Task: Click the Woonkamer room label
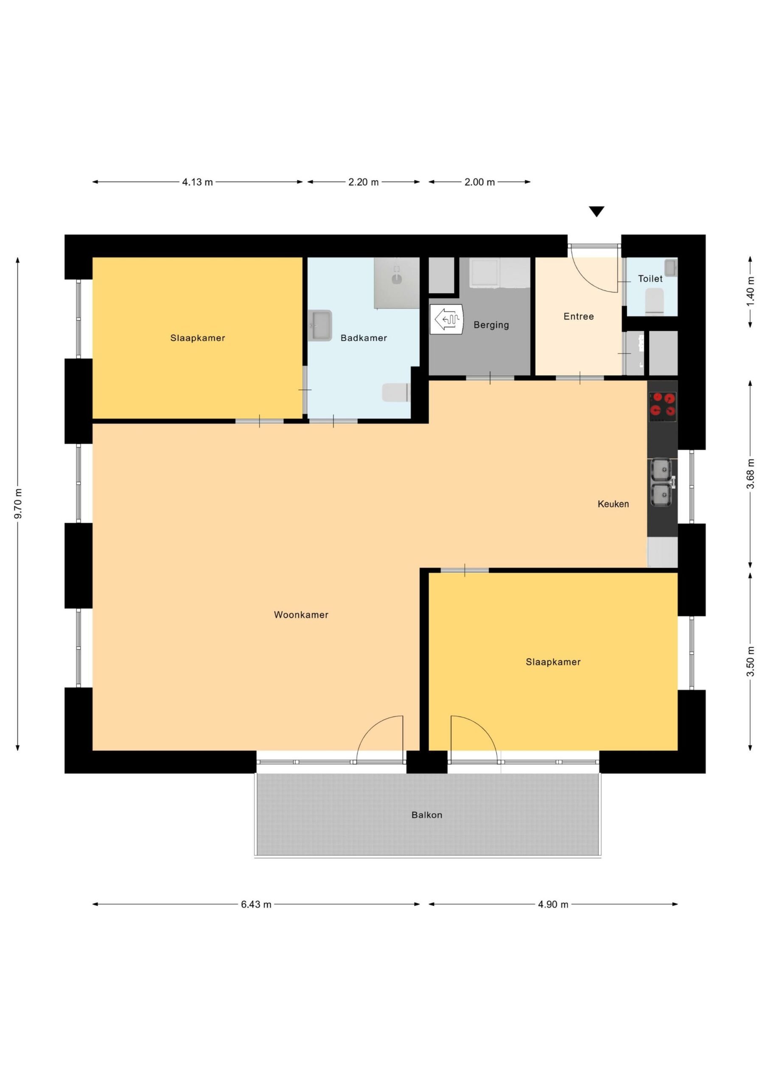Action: click(301, 615)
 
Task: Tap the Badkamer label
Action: click(363, 338)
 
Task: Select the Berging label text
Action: click(491, 325)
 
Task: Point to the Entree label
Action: click(578, 316)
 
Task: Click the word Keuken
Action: click(613, 504)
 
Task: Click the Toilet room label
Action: click(650, 279)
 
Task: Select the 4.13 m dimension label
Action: click(197, 182)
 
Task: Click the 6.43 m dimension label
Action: click(256, 904)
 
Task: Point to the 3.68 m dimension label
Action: click(750, 474)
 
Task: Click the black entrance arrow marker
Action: click(597, 211)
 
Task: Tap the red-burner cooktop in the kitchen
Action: click(662, 406)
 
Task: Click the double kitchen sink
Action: click(661, 482)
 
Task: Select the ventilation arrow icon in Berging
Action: click(447, 319)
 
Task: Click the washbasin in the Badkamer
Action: click(320, 325)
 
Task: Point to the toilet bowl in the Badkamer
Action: click(395, 392)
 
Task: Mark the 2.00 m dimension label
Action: click(479, 182)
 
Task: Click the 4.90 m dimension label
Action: click(553, 904)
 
